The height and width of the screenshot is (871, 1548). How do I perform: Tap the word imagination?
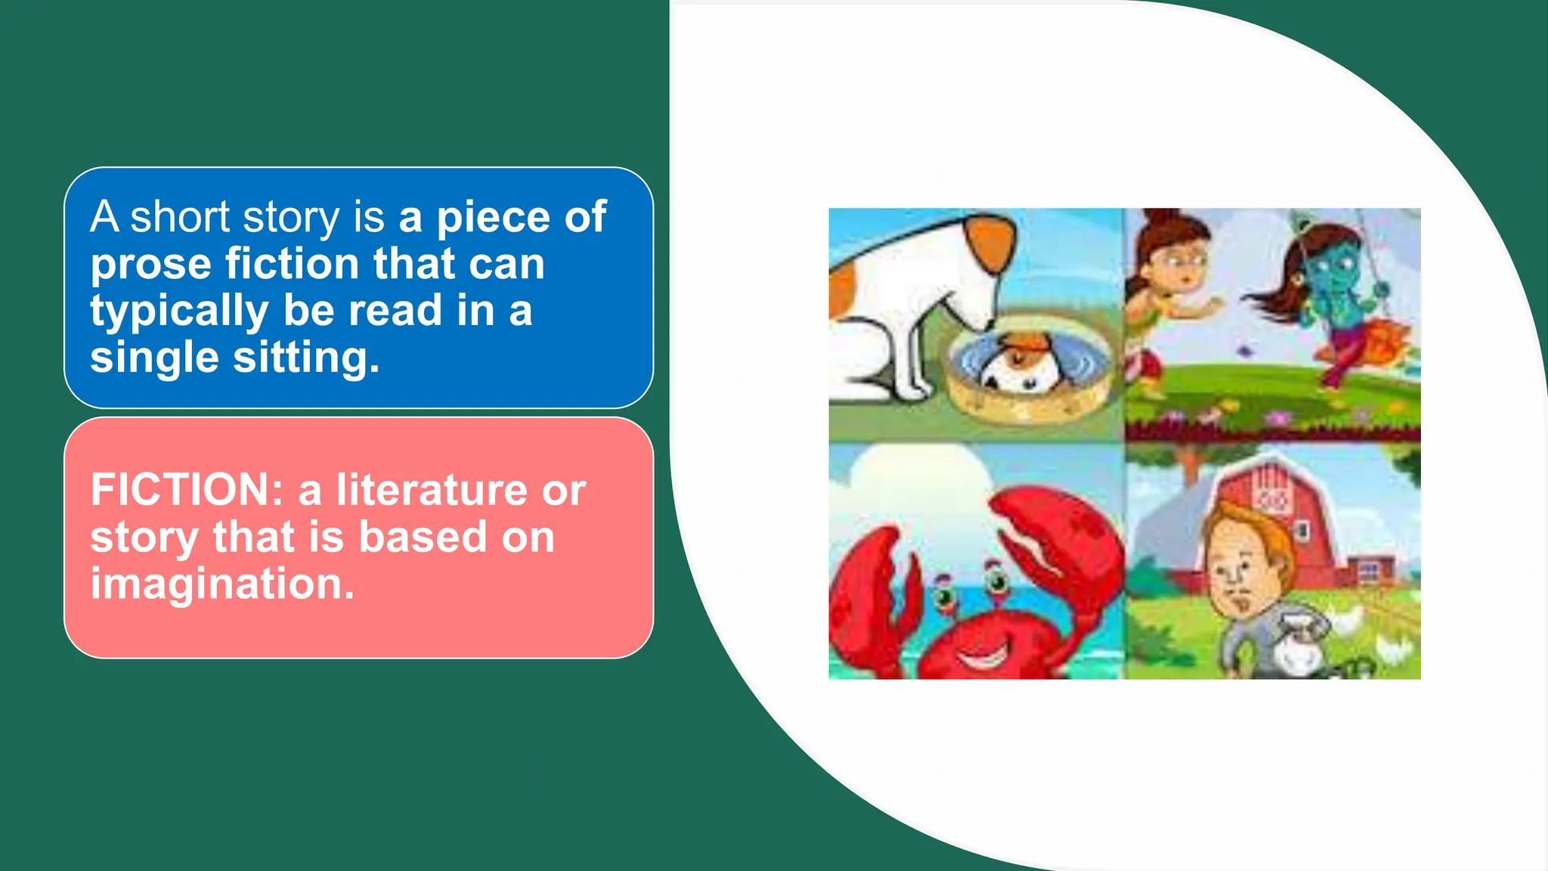pyautogui.click(x=222, y=584)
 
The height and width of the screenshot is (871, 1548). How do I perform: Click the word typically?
pyautogui.click(x=179, y=312)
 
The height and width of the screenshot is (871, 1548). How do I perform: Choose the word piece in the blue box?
pyautogui.click(x=493, y=218)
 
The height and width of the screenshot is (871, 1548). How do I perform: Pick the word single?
pyautogui.click(x=153, y=357)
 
